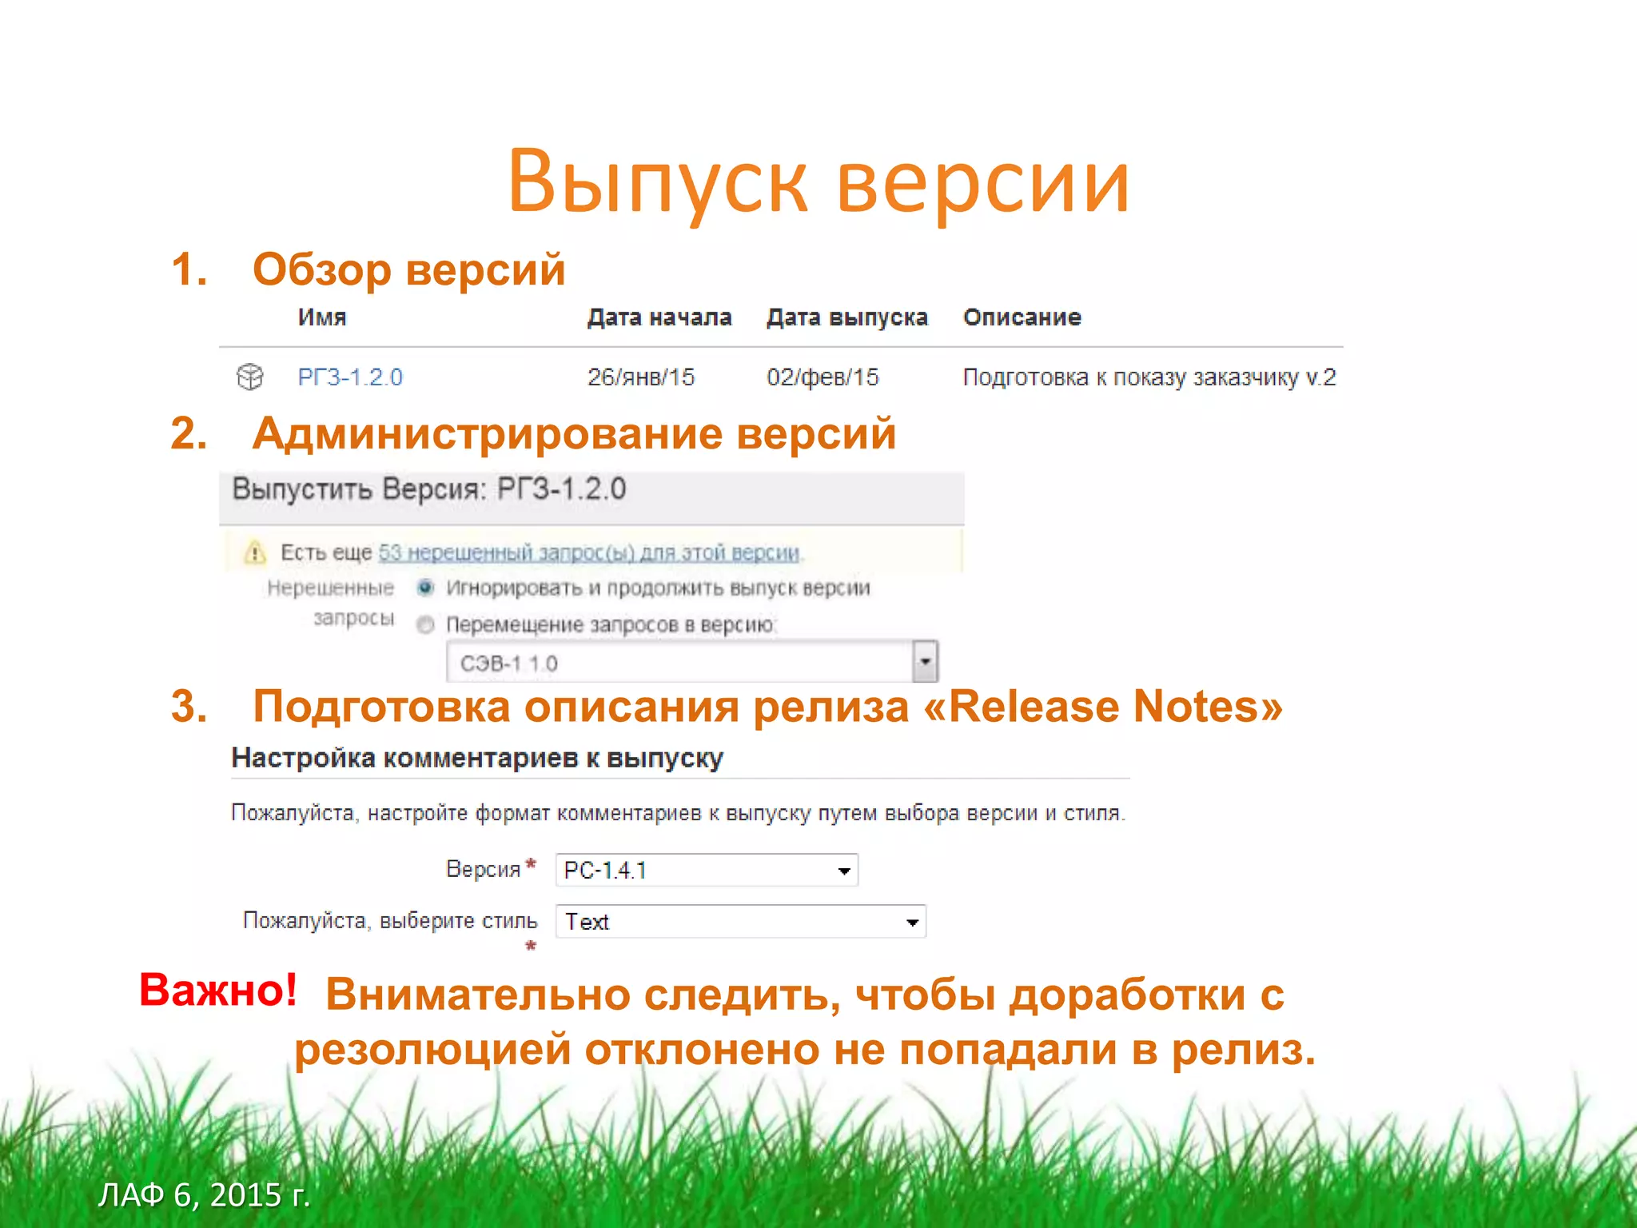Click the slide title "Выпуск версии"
pyautogui.click(x=818, y=182)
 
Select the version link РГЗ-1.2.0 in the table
pyautogui.click(x=350, y=377)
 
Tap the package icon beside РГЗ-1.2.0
pyautogui.click(x=250, y=376)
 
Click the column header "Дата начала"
pyautogui.click(x=659, y=317)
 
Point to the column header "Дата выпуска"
pyautogui.click(x=846, y=317)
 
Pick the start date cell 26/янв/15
pyautogui.click(x=641, y=377)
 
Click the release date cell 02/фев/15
pyautogui.click(x=822, y=377)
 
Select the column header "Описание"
pyautogui.click(x=1022, y=317)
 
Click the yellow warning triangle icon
pyautogui.click(x=255, y=552)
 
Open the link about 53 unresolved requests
pyautogui.click(x=589, y=552)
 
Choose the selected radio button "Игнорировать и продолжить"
pyautogui.click(x=425, y=588)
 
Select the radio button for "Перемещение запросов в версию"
pyautogui.click(x=425, y=624)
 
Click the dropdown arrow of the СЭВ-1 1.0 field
pyautogui.click(x=925, y=662)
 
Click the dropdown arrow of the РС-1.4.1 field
pyautogui.click(x=844, y=871)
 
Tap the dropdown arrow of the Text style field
pyautogui.click(x=912, y=923)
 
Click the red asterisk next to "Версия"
pyautogui.click(x=531, y=863)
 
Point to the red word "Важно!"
pyautogui.click(x=218, y=990)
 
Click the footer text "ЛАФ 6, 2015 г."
pyautogui.click(x=204, y=1194)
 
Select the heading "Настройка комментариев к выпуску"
pyautogui.click(x=477, y=758)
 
